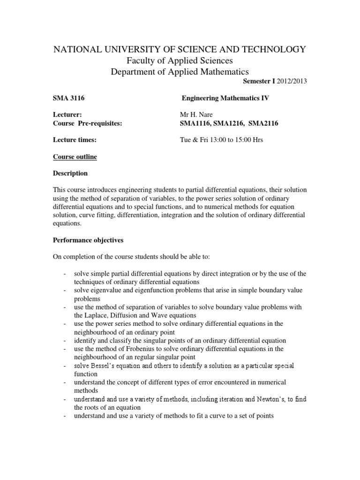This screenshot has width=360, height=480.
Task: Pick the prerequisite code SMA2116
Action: click(267, 123)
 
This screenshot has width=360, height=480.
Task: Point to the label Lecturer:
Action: click(65, 114)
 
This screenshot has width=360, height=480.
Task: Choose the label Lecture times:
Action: click(71, 140)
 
